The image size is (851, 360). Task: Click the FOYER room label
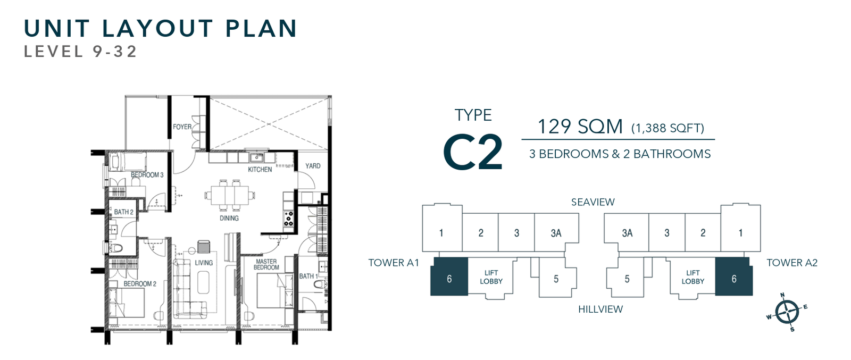(x=182, y=127)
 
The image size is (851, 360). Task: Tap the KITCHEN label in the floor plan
(x=260, y=170)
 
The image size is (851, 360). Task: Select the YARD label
(x=313, y=166)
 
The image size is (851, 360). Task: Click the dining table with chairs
(x=230, y=195)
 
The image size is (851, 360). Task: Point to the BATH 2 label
(x=123, y=212)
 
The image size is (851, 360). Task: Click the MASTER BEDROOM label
(x=266, y=264)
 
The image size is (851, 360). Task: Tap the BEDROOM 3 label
(x=147, y=175)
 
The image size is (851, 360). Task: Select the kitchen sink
(x=257, y=157)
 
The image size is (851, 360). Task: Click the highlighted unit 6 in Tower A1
(x=449, y=279)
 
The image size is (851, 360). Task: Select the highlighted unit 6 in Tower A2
(x=733, y=279)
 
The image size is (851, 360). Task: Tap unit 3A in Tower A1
(x=556, y=233)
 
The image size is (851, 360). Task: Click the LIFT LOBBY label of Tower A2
(x=693, y=277)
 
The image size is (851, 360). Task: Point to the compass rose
(x=787, y=312)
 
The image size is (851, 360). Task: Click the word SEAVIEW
(x=593, y=202)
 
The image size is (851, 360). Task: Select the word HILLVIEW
(x=600, y=309)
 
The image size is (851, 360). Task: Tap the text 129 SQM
(x=580, y=127)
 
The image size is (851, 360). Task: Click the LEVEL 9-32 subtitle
(x=80, y=52)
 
